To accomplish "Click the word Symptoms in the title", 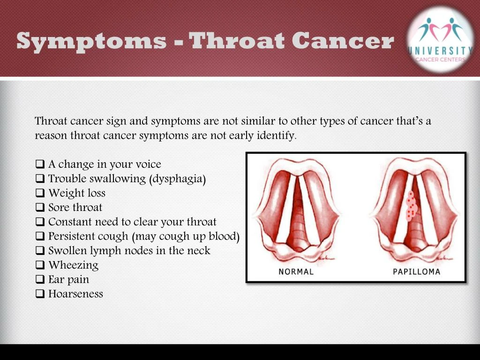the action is click(x=91, y=42).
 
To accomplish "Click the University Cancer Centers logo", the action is click(x=440, y=40).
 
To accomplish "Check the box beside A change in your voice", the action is click(x=40, y=164).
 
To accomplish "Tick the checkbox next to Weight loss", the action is click(x=40, y=193).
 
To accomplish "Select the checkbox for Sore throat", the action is click(x=40, y=207).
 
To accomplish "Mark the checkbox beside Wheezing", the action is click(x=40, y=265).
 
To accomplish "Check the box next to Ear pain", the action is click(x=40, y=279).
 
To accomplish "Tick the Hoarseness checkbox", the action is click(x=40, y=293).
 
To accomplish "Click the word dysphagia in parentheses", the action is click(x=178, y=179).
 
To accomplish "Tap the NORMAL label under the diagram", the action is click(x=296, y=271).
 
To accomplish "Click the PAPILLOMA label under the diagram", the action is click(x=416, y=271).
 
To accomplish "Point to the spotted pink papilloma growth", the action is click(x=411, y=206).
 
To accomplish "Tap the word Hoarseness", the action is click(x=75, y=293).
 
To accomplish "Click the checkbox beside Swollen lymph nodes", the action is click(x=40, y=250).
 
